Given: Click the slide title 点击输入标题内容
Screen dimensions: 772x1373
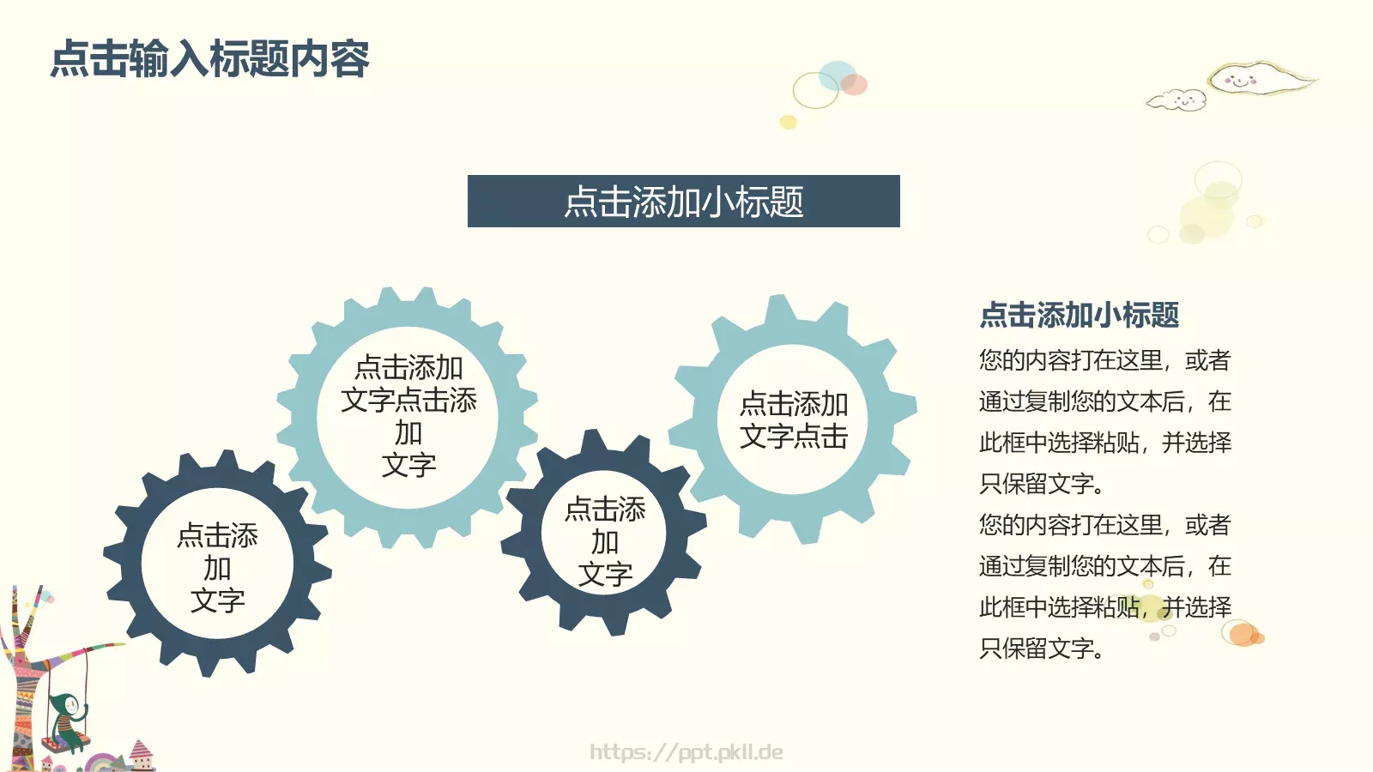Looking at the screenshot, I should (x=210, y=59).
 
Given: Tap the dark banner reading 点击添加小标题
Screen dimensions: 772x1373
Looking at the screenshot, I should (x=683, y=202).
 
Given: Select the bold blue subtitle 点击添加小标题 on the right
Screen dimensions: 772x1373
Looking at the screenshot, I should (x=1079, y=315).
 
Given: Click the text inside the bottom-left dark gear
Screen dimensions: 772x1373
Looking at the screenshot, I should (x=217, y=568).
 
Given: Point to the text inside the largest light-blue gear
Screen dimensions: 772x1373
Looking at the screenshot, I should (x=408, y=416).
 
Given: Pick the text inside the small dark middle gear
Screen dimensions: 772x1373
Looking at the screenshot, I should (x=605, y=542).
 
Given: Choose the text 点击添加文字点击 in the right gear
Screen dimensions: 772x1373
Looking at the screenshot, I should (x=794, y=419).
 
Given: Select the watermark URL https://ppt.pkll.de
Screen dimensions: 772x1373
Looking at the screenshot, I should (x=686, y=752).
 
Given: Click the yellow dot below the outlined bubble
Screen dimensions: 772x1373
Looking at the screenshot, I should (x=788, y=122).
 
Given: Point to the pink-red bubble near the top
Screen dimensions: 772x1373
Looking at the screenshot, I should (x=854, y=84).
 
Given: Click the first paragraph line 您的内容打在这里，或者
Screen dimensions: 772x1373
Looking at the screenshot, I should (x=1104, y=360).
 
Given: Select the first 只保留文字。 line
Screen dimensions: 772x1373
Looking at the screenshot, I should (x=1041, y=484).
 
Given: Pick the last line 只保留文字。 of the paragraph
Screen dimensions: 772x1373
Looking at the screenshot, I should (x=1041, y=648).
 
